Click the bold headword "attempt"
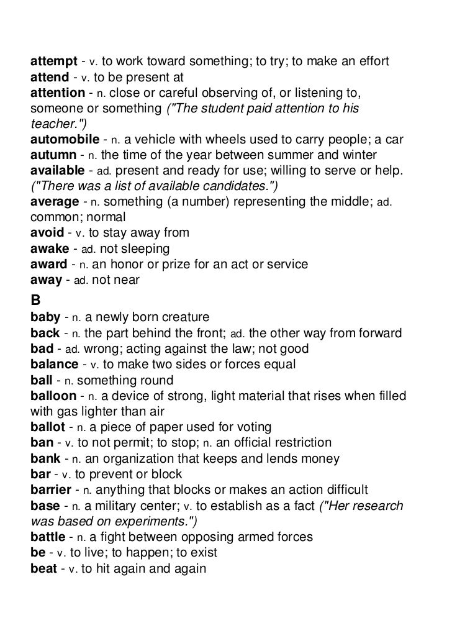point(54,63)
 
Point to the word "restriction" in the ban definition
point(297,443)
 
